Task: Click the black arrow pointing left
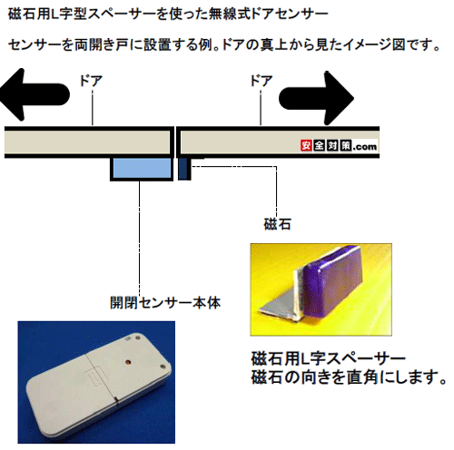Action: pos(34,94)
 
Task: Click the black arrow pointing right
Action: pos(316,98)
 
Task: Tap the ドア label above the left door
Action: pos(91,81)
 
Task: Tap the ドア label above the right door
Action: pos(261,81)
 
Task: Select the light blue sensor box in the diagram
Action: pos(142,169)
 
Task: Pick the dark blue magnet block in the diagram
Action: pos(183,169)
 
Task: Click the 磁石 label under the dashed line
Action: pos(277,224)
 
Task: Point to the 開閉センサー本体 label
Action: pos(165,303)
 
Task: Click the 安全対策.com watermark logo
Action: pos(339,146)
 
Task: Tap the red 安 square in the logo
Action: pos(306,146)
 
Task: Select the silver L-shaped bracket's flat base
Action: pos(279,307)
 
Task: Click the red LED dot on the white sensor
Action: pos(127,362)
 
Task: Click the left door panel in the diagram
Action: pos(87,142)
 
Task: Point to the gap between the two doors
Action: pos(175,142)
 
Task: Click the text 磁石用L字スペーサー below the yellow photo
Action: pos(328,359)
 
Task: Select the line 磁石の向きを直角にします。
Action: pos(349,377)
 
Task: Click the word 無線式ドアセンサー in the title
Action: pos(269,14)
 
